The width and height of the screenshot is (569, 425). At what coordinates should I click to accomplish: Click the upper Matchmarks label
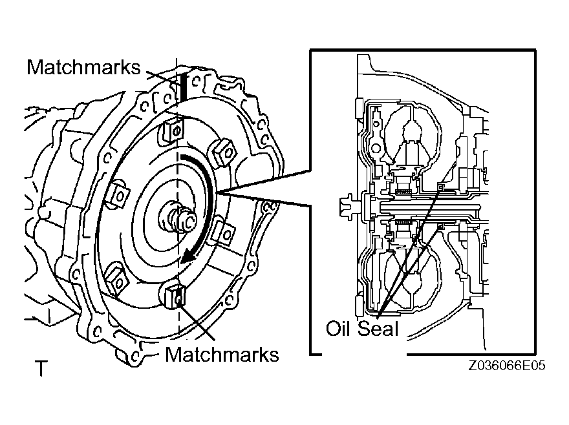[x=83, y=67]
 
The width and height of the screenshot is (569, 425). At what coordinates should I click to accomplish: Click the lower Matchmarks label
[x=222, y=354]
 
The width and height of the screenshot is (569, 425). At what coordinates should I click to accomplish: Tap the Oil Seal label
[x=362, y=329]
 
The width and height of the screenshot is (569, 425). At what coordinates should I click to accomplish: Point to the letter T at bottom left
[x=41, y=369]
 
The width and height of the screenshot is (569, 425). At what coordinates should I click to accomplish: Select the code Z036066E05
[x=508, y=366]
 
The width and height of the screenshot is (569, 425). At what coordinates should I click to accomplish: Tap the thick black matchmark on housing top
[x=184, y=85]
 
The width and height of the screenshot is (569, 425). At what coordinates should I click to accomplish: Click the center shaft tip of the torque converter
[x=188, y=220]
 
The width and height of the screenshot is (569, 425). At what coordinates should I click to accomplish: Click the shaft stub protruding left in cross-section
[x=345, y=207]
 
